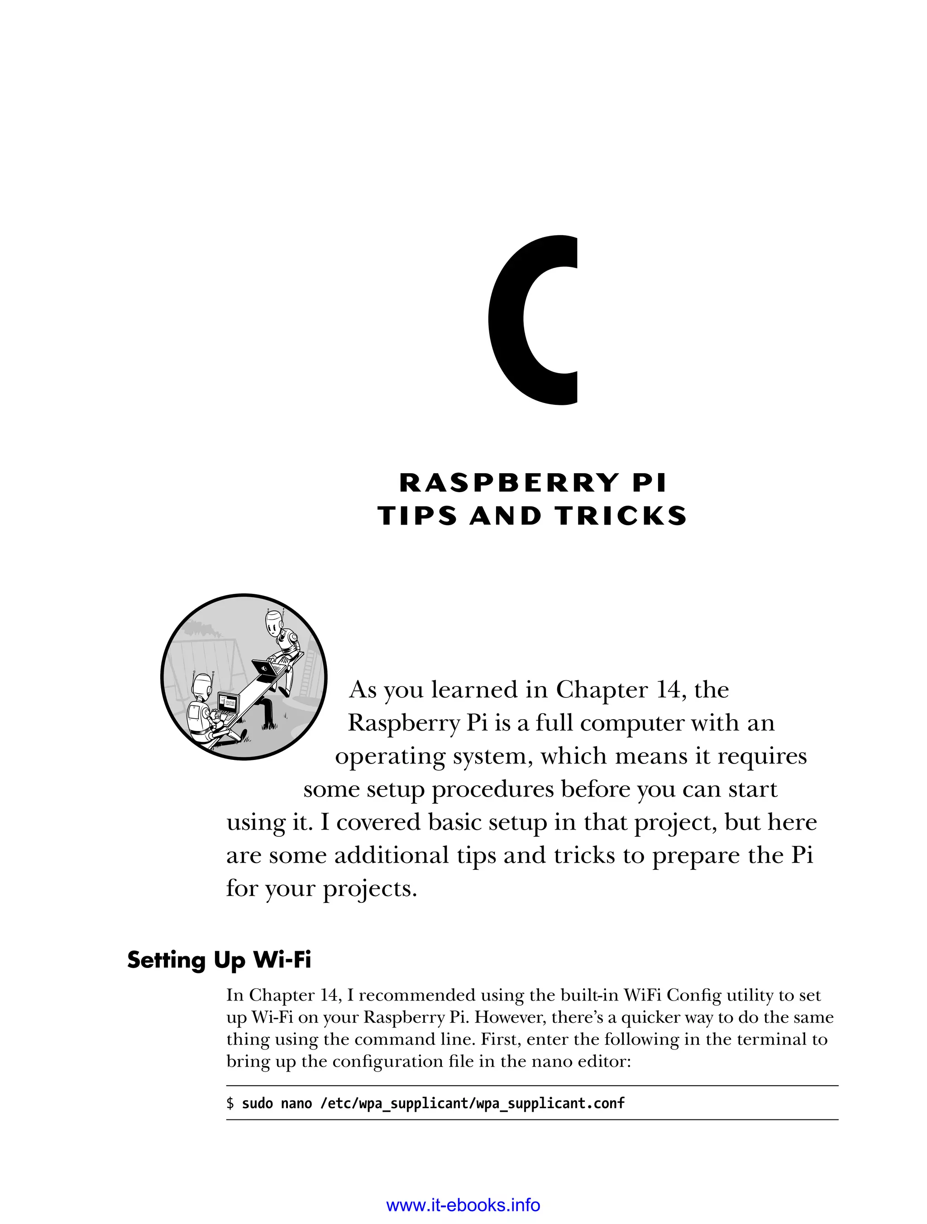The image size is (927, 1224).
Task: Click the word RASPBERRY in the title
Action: [x=508, y=483]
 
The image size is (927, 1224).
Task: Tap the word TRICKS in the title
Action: [x=621, y=516]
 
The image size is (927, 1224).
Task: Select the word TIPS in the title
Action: [x=417, y=516]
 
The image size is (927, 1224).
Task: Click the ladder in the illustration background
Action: [x=308, y=672]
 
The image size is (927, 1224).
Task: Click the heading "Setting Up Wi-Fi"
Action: [x=219, y=959]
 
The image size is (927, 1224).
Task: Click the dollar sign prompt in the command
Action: [x=230, y=1103]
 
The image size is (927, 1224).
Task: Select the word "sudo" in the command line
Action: [x=258, y=1103]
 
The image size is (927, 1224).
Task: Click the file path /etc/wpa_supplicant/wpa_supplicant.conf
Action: [x=473, y=1103]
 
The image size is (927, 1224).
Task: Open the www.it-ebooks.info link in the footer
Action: [x=463, y=1204]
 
